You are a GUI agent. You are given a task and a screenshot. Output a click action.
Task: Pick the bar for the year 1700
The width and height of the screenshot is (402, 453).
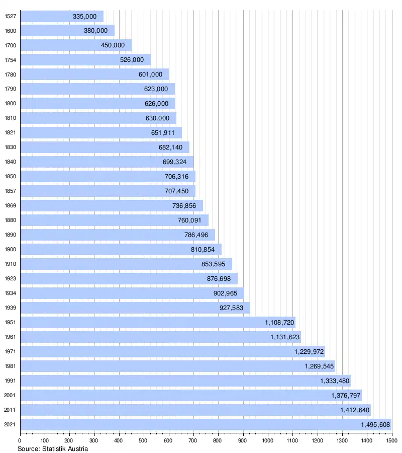click(x=75, y=45)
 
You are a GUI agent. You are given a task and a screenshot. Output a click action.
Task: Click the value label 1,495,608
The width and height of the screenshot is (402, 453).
click(x=375, y=425)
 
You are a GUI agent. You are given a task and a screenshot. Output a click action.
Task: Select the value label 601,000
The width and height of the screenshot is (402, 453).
click(x=150, y=74)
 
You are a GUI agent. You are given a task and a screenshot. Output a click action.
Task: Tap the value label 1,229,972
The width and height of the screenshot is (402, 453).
click(x=309, y=352)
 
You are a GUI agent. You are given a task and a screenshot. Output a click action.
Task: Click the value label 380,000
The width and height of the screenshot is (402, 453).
click(x=95, y=31)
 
